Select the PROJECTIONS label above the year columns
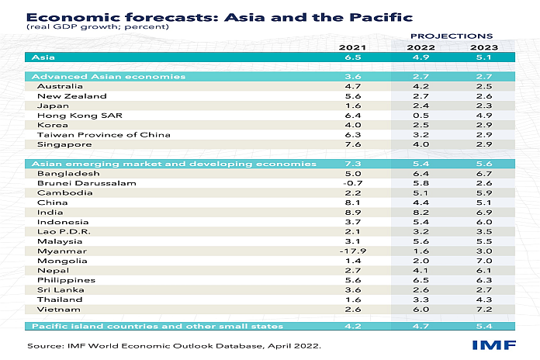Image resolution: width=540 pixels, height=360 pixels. coord(451,36)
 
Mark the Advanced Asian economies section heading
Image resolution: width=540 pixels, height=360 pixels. coord(97,77)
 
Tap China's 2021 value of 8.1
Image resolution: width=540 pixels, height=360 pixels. coord(353,202)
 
